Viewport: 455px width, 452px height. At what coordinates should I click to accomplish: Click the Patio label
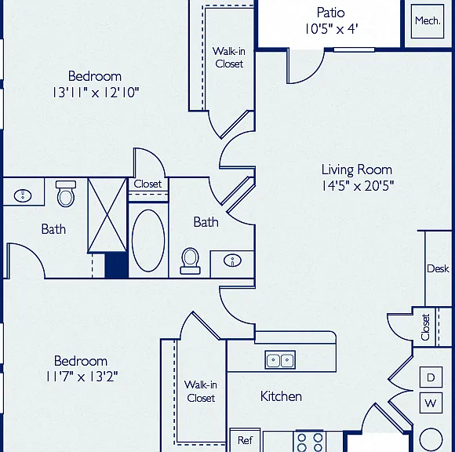pyautogui.click(x=330, y=13)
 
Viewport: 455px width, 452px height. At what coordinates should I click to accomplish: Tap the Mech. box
pyautogui.click(x=428, y=21)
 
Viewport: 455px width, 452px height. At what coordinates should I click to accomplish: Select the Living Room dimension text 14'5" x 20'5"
pyautogui.click(x=358, y=186)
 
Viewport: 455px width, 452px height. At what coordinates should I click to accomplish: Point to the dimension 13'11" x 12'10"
pyautogui.click(x=96, y=93)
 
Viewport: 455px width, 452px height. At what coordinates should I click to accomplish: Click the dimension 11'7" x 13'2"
pyautogui.click(x=82, y=377)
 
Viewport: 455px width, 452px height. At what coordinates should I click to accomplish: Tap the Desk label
pyautogui.click(x=438, y=268)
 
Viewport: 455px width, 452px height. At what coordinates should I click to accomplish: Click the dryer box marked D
pyautogui.click(x=431, y=377)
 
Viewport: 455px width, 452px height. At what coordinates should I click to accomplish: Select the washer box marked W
pyautogui.click(x=431, y=403)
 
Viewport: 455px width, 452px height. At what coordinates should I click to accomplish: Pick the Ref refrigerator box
pyautogui.click(x=245, y=440)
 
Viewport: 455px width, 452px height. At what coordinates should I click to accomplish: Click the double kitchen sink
pyautogui.click(x=280, y=359)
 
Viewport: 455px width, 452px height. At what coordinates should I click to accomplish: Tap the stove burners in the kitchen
pyautogui.click(x=310, y=441)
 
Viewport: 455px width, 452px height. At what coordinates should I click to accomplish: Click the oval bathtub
pyautogui.click(x=148, y=240)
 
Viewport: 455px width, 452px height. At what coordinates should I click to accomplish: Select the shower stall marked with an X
pyautogui.click(x=107, y=215)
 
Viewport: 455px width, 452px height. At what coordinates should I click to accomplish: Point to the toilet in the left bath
pyautogui.click(x=66, y=193)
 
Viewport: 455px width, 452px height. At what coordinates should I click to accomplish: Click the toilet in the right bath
pyautogui.click(x=190, y=261)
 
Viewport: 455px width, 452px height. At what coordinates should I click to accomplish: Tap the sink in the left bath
pyautogui.click(x=23, y=195)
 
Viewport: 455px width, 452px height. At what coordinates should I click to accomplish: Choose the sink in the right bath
pyautogui.click(x=232, y=261)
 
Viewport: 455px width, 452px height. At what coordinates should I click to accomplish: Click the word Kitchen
pyautogui.click(x=281, y=396)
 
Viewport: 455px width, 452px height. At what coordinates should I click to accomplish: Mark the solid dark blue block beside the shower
pyautogui.click(x=116, y=265)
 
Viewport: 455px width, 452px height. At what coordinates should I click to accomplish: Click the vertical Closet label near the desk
pyautogui.click(x=425, y=327)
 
